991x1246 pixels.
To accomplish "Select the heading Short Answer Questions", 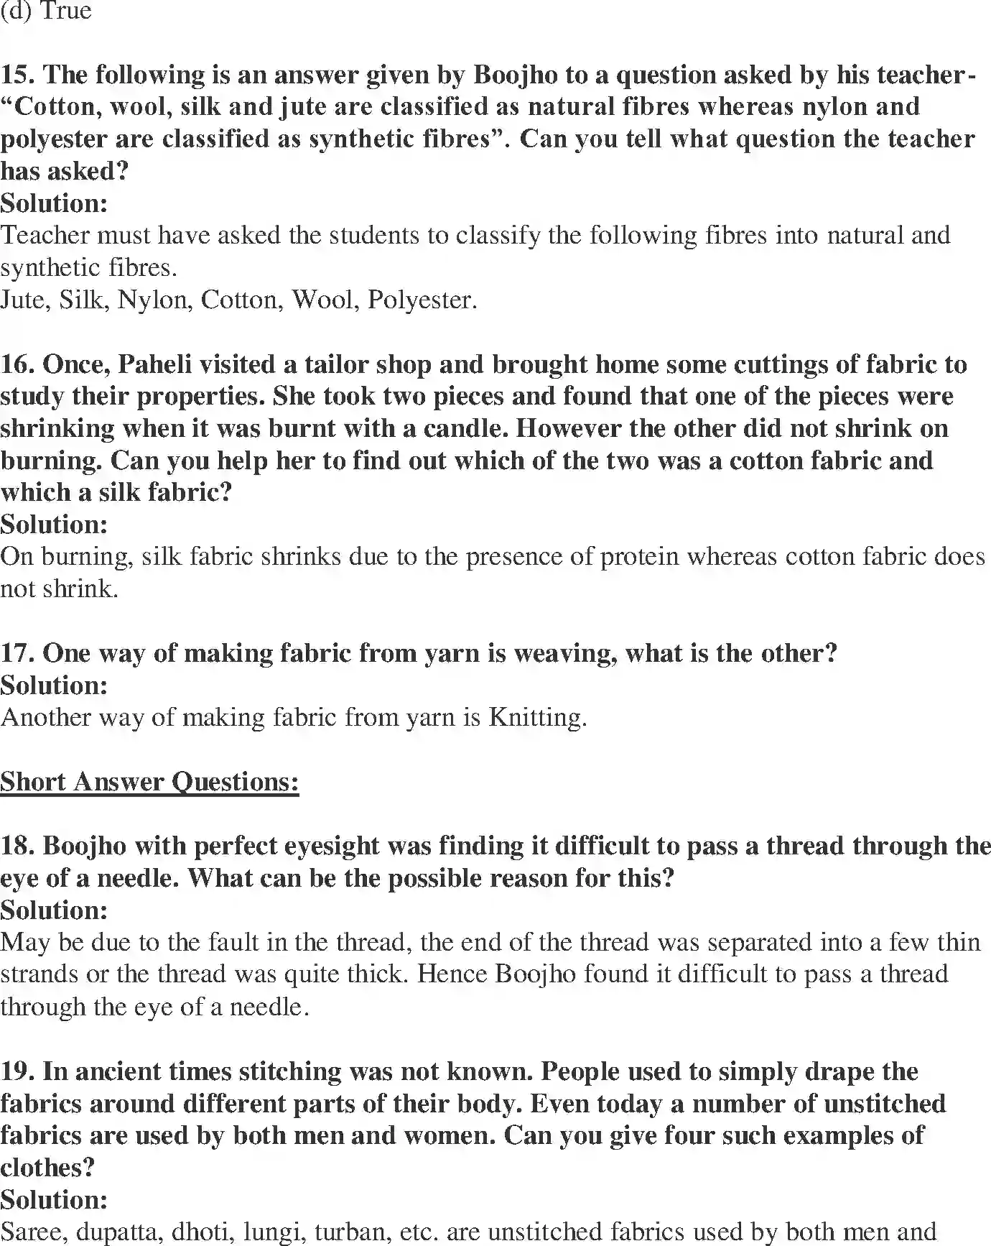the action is [149, 782].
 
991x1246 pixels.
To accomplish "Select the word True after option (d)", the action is [66, 11].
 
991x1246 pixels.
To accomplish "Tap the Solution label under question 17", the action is [54, 686].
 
